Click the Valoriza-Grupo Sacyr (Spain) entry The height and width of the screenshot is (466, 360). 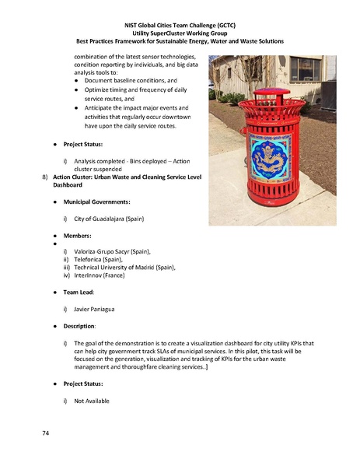click(112, 251)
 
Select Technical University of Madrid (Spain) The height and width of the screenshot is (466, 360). click(124, 268)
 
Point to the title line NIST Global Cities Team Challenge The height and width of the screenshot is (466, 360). click(180, 25)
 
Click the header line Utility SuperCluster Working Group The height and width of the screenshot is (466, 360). click(180, 33)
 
